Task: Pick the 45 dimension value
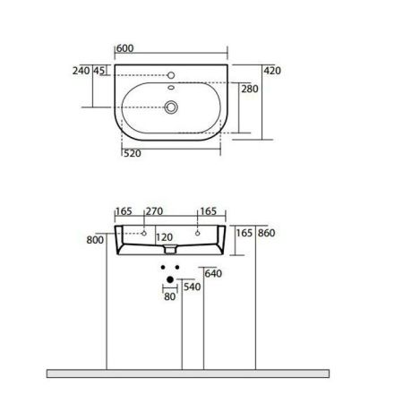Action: coord(99,70)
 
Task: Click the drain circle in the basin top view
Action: coord(169,107)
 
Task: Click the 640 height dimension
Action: coord(213,274)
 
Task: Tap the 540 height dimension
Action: coord(191,287)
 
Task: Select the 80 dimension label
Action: coord(169,298)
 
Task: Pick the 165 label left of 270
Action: coord(124,211)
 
